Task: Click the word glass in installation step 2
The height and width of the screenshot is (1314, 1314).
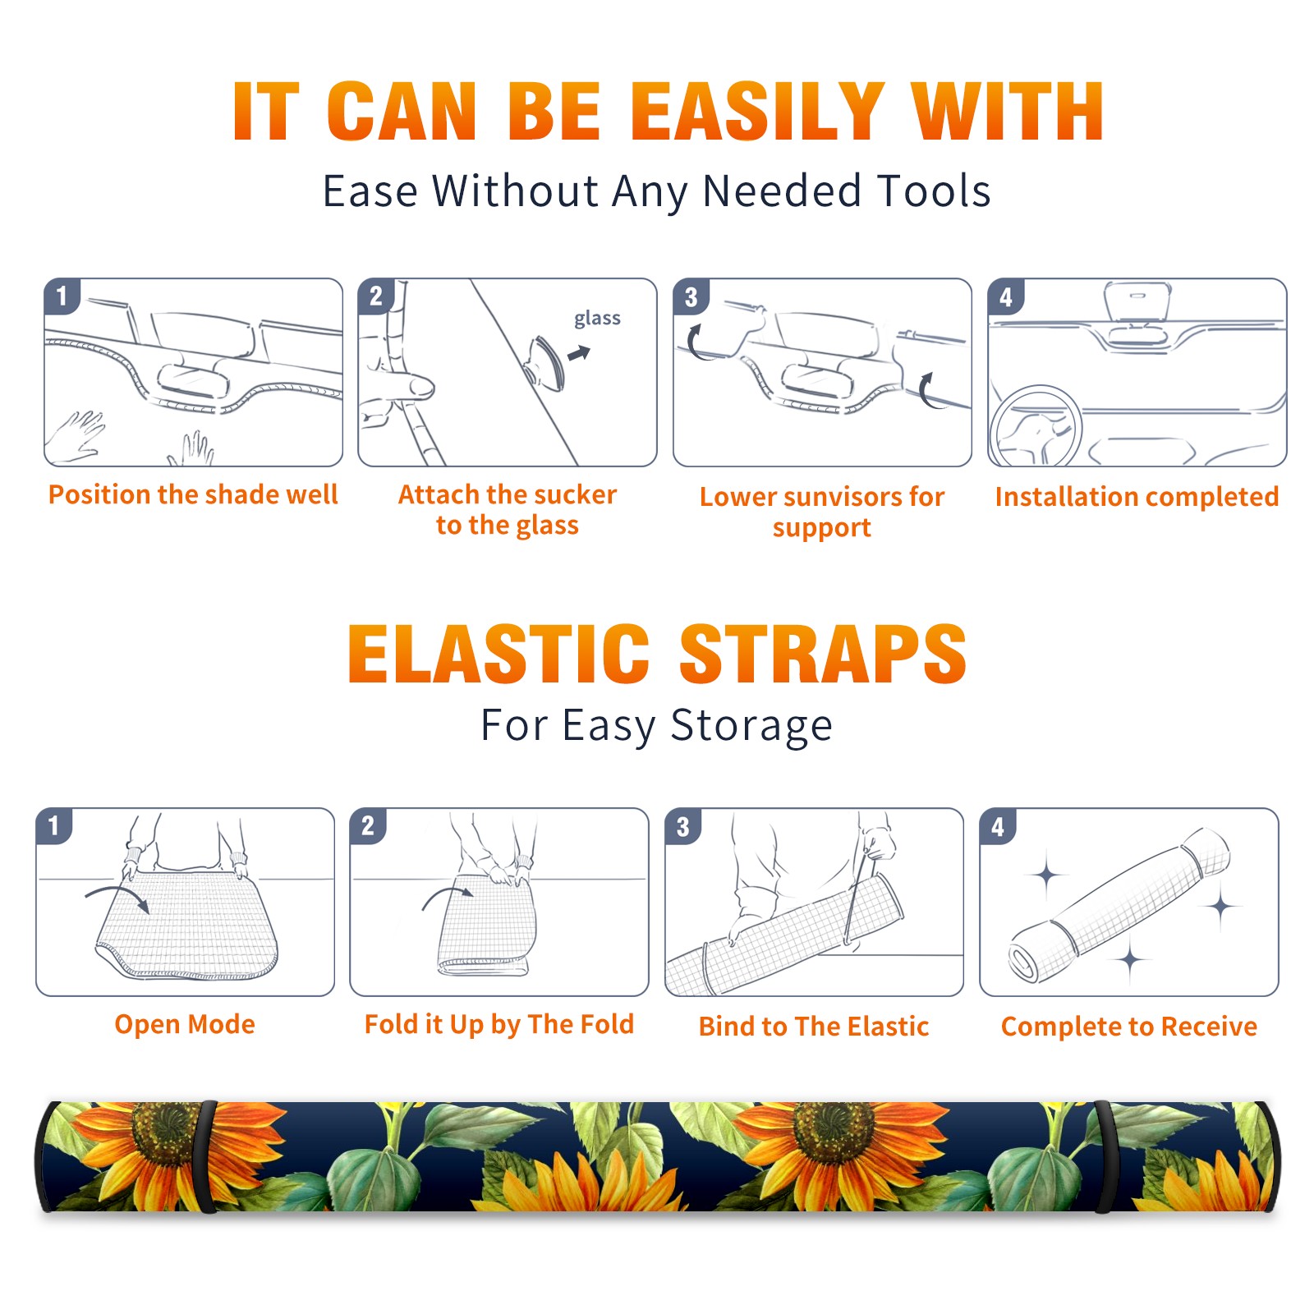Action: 597,319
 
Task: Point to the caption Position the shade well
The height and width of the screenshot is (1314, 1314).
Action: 193,494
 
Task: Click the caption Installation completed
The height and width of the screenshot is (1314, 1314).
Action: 1137,496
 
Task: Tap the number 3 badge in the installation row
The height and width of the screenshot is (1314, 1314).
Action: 691,296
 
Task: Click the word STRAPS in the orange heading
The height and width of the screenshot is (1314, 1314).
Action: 823,654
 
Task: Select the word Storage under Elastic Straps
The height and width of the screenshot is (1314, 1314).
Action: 751,726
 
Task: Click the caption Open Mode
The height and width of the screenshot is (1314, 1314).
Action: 185,1024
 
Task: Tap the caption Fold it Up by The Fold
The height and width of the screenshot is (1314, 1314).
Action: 499,1024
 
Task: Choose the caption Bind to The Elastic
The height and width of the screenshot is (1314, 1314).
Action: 814,1027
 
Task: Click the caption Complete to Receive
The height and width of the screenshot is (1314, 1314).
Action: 1129,1027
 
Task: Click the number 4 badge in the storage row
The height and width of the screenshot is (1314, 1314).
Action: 998,826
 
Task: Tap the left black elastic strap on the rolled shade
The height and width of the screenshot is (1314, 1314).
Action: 205,1156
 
